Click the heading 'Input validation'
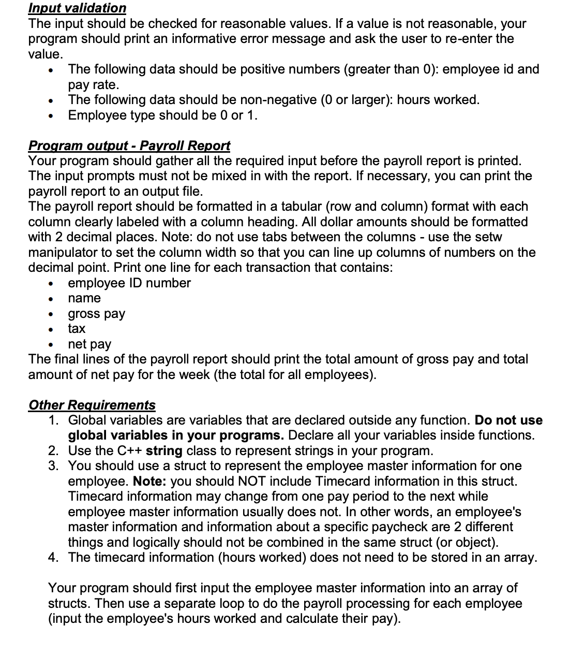click(x=77, y=8)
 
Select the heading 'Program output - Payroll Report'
click(x=129, y=145)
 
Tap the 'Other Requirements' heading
click(x=92, y=405)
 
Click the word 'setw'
click(x=488, y=237)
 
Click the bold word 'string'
click(x=164, y=450)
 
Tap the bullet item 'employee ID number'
click(x=129, y=283)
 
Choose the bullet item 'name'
click(x=84, y=298)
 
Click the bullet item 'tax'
click(x=77, y=329)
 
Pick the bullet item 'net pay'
click(x=89, y=344)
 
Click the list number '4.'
click(x=54, y=558)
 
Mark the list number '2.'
click(x=54, y=450)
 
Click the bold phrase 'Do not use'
click(x=508, y=420)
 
